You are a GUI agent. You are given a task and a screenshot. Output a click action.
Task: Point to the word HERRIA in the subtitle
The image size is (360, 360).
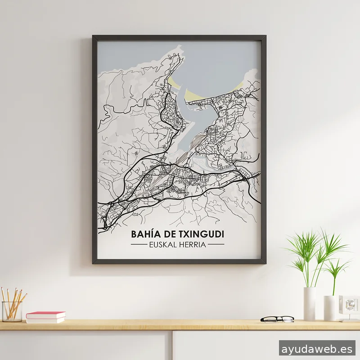(x=193, y=245)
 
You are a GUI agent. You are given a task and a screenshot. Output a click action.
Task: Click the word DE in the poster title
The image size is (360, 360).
(x=166, y=234)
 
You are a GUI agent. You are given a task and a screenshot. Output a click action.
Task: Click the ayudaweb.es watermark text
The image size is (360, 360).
(x=317, y=348)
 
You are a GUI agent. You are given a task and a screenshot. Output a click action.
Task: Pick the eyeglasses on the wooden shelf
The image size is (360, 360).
(x=277, y=319)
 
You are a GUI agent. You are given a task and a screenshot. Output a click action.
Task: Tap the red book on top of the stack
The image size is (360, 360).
(x=45, y=315)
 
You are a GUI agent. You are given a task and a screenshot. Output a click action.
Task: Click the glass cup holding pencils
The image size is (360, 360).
(x=12, y=311)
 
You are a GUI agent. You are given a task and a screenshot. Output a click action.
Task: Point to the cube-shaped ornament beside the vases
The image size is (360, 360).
(x=348, y=308)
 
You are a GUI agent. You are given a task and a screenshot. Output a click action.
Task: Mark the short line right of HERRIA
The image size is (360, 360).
(x=216, y=245)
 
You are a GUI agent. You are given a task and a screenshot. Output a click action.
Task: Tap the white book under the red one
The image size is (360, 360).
(x=45, y=320)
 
